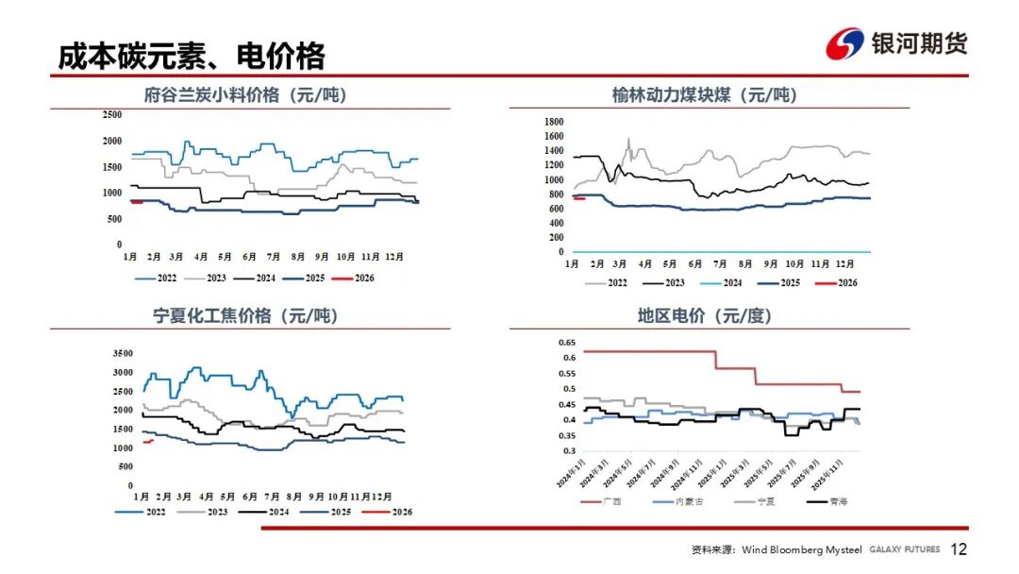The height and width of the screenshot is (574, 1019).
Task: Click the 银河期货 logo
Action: click(x=896, y=43)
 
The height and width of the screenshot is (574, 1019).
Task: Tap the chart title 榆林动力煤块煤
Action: click(x=703, y=95)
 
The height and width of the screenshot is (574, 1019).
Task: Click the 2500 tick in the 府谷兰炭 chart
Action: click(x=111, y=115)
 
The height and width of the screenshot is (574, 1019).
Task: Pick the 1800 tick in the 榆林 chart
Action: click(x=554, y=122)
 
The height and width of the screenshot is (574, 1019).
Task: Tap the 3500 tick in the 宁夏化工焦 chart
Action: click(x=123, y=353)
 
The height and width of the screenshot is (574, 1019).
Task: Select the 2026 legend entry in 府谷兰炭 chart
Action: click(x=363, y=279)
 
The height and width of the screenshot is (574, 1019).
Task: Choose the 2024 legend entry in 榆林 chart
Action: click(x=731, y=283)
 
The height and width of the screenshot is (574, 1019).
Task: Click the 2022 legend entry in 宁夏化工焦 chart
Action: click(x=156, y=512)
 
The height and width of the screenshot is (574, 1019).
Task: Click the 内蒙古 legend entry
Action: click(x=690, y=501)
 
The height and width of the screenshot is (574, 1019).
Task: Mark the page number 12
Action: click(x=959, y=549)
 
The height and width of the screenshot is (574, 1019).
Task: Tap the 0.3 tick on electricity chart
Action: click(x=568, y=450)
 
